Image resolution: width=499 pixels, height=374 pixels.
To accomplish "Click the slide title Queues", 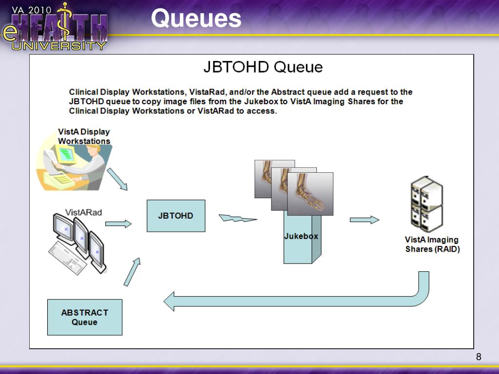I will [x=196, y=19].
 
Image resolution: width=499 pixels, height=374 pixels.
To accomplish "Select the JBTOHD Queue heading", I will [x=263, y=67].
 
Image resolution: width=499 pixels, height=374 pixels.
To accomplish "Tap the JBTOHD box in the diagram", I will [x=176, y=216].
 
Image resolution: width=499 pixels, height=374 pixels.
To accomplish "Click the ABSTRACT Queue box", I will [x=85, y=317].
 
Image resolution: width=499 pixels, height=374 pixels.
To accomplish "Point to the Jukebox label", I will [x=301, y=236].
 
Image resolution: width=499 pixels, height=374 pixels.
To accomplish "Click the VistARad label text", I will [x=84, y=212].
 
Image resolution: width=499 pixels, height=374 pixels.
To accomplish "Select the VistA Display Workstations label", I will [x=84, y=136].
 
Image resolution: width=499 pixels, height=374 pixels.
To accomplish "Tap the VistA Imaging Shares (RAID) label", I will [x=432, y=244].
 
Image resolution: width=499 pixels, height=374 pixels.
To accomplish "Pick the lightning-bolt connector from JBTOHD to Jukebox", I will [x=237, y=218].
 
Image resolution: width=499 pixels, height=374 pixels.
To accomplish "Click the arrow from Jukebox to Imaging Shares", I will [x=365, y=220].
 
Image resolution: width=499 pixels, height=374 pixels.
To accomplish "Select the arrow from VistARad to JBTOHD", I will [x=118, y=224].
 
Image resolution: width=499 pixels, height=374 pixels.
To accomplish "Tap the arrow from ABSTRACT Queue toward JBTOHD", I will [x=132, y=272].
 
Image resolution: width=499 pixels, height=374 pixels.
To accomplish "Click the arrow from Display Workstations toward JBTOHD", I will [x=117, y=179].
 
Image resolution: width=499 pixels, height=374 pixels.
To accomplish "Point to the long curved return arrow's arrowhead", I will [x=170, y=301].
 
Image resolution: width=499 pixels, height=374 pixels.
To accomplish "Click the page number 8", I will [x=479, y=357].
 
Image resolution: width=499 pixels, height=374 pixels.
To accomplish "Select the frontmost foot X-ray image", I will [x=310, y=194].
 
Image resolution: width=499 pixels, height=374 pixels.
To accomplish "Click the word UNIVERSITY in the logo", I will [x=58, y=46].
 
